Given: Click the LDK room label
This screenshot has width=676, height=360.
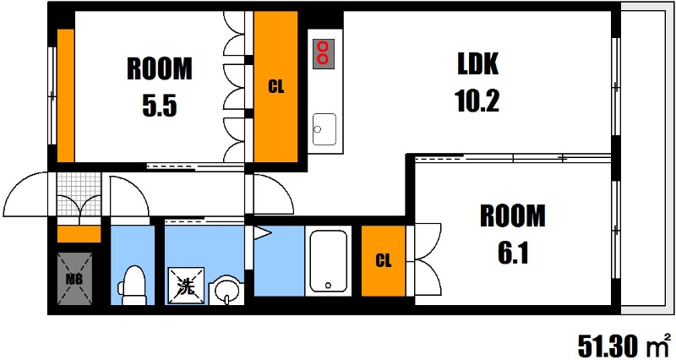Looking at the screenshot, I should (x=478, y=65).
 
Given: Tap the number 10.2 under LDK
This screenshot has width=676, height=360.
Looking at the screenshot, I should (x=478, y=101).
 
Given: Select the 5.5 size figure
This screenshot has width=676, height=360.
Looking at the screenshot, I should (x=159, y=106).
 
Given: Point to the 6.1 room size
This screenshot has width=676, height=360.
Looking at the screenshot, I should (x=513, y=253).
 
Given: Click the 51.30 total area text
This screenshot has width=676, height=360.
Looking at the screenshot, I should (x=607, y=345).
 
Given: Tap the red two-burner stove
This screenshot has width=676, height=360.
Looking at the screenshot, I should (x=323, y=53).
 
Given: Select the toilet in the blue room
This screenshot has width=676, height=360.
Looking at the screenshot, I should (x=131, y=285).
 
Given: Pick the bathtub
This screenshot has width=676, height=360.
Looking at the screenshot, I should (x=328, y=261).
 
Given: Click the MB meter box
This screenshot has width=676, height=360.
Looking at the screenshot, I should (x=74, y=278).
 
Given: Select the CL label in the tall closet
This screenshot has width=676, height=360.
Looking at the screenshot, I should (x=275, y=85).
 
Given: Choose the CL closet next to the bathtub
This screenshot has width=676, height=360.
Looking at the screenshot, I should (x=383, y=260).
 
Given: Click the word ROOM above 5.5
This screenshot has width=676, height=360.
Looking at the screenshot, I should (x=159, y=68).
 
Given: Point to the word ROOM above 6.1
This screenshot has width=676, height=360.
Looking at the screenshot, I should (x=513, y=215).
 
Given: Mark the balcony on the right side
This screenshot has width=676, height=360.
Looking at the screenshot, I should (x=646, y=161).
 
